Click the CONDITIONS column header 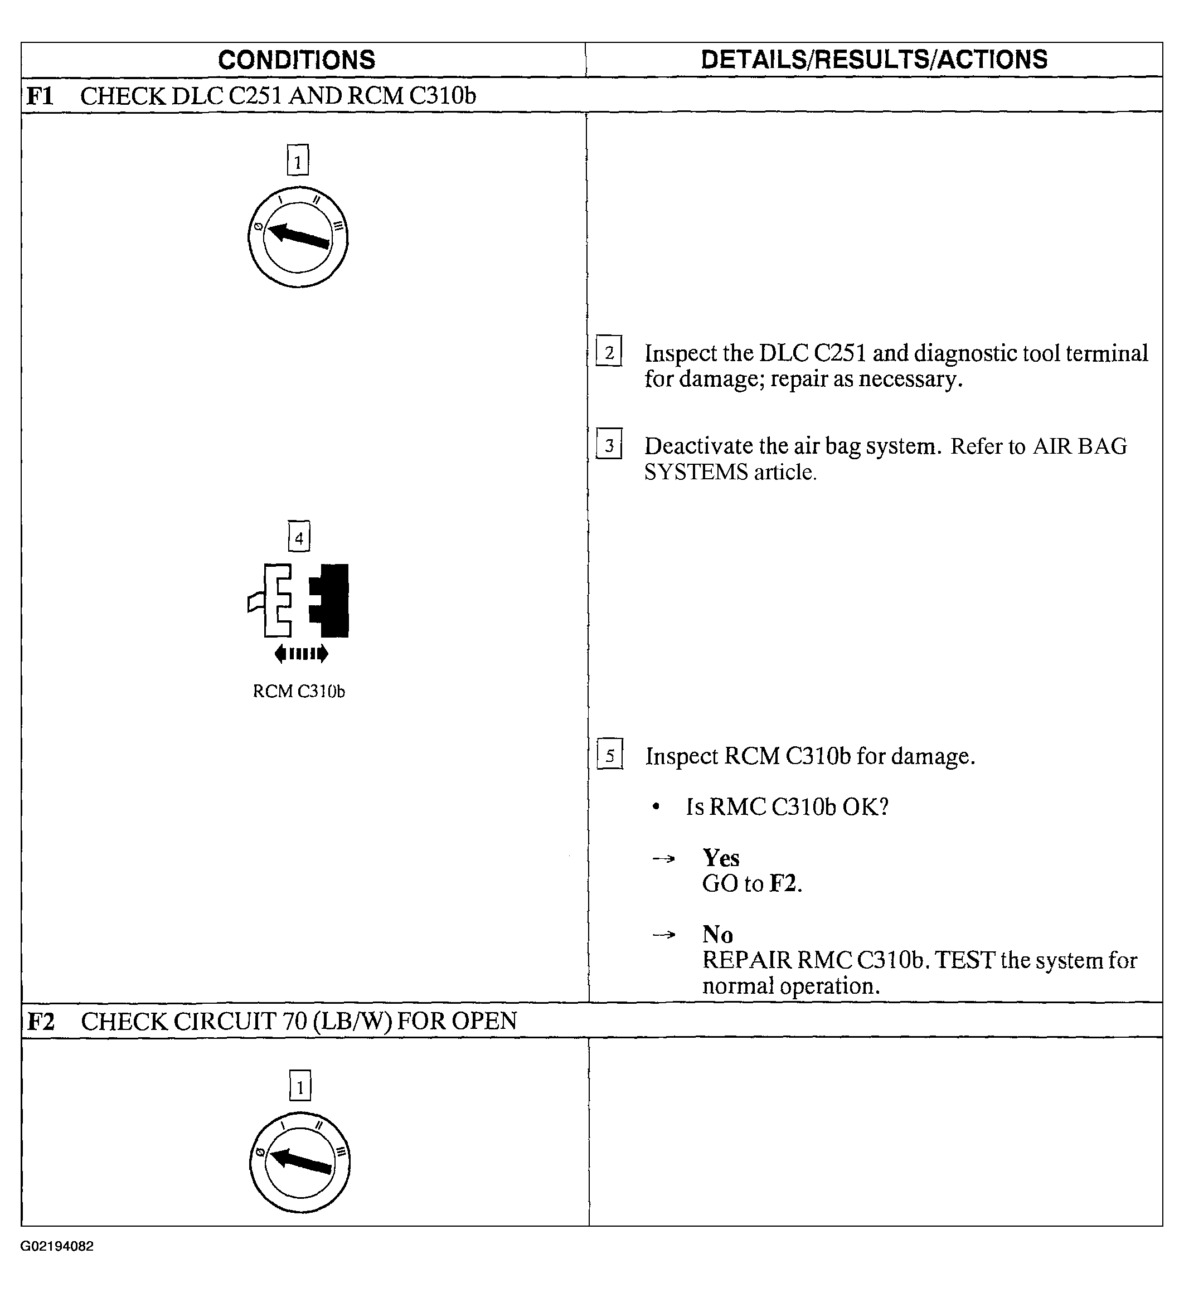tap(297, 60)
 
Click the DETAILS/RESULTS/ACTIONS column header tap(874, 60)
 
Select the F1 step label tap(40, 96)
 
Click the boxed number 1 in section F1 tap(298, 161)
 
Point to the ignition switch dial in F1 tap(298, 237)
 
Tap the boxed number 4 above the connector tap(299, 537)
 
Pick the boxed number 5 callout tap(609, 754)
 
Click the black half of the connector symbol tap(331, 600)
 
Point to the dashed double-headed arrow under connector tap(301, 654)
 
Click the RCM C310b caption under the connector tap(299, 692)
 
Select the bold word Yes tap(721, 858)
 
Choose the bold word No tap(717, 934)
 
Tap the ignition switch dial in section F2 tap(299, 1162)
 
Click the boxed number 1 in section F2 tap(300, 1086)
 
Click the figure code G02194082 tap(57, 1246)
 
